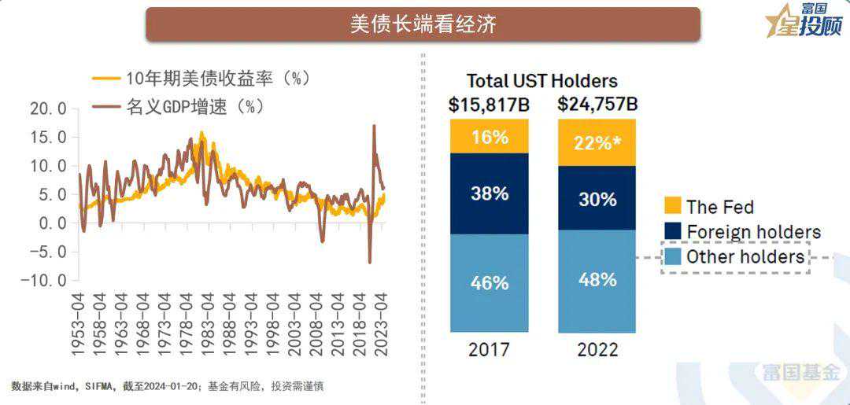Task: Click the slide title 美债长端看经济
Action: coord(423,24)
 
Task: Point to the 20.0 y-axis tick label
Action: coord(49,109)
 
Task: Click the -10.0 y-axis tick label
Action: coord(44,281)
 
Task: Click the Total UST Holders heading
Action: coord(541,81)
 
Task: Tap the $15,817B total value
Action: coord(488,105)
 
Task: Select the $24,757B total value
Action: coord(597,105)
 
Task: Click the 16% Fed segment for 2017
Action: coord(490,137)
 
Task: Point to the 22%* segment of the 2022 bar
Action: coord(597,143)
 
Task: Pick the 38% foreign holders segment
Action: coord(490,193)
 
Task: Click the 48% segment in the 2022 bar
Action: coord(597,280)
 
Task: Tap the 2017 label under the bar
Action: coord(489,350)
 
